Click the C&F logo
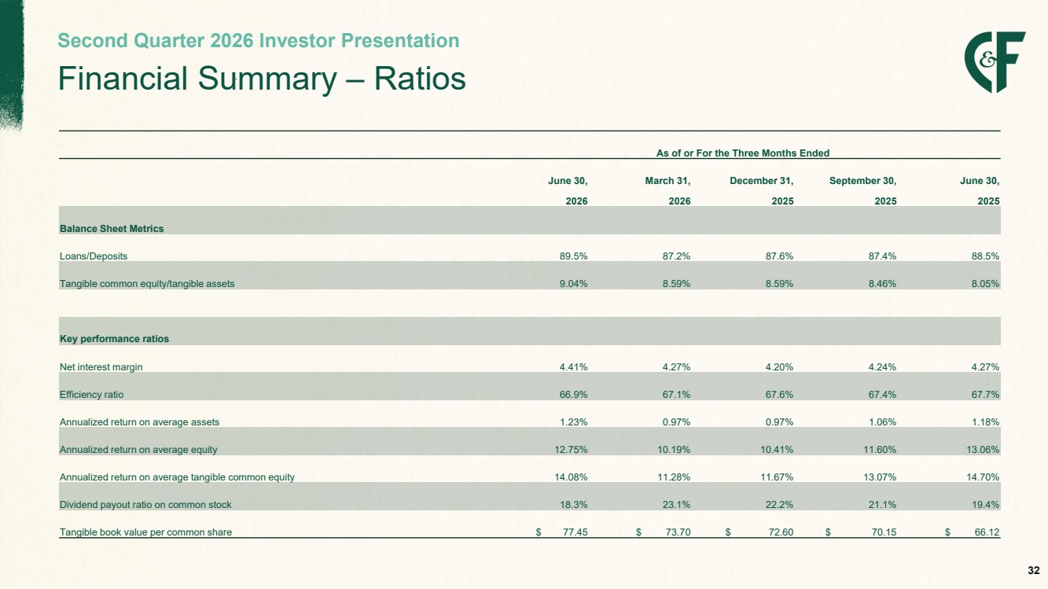[x=995, y=62]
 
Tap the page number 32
[x=1034, y=570]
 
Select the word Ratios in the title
[x=420, y=79]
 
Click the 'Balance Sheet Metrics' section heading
[x=112, y=229]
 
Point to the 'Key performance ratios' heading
[x=114, y=339]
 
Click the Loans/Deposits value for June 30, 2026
[x=574, y=256]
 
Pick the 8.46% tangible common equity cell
[x=882, y=284]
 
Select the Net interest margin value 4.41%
[x=574, y=367]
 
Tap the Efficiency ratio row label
[x=92, y=395]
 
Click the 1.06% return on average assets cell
[x=882, y=422]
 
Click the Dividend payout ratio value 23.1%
[x=676, y=505]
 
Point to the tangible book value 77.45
[x=575, y=532]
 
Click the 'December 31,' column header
[x=762, y=181]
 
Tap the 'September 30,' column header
[x=863, y=181]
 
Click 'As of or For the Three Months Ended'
[x=743, y=153]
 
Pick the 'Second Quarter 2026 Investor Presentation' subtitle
[x=258, y=41]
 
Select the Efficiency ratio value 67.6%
[x=779, y=395]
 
